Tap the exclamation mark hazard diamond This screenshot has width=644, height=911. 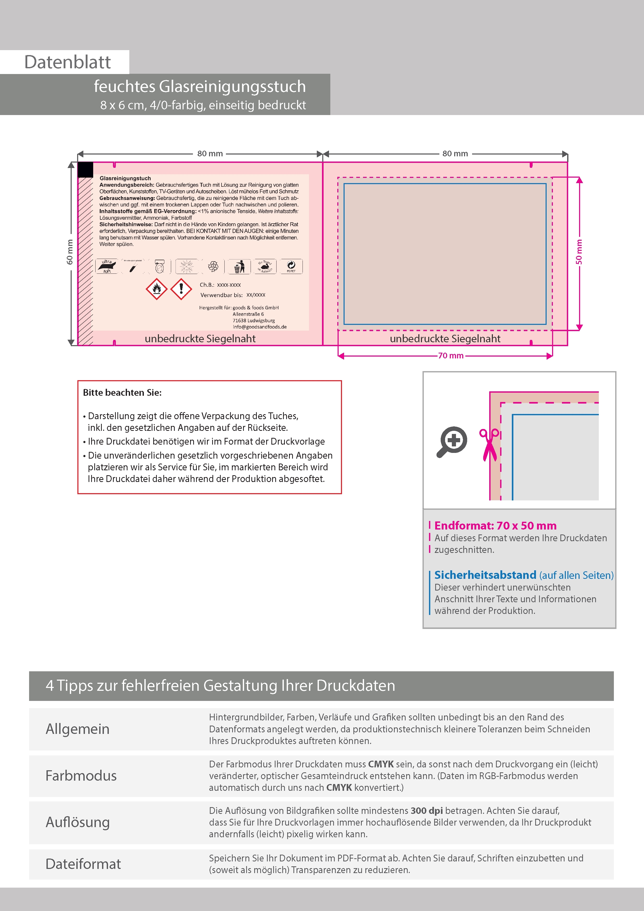(181, 289)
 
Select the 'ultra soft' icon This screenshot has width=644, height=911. (107, 266)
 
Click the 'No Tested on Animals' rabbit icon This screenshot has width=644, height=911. (265, 266)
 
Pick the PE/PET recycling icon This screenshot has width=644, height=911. (291, 266)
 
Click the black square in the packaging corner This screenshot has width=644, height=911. (85, 170)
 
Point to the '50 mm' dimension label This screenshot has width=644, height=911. (579, 252)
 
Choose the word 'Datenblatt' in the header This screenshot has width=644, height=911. (68, 62)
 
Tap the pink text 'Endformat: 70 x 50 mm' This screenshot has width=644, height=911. (495, 526)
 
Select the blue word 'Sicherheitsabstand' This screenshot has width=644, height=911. (485, 575)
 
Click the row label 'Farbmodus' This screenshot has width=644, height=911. (81, 776)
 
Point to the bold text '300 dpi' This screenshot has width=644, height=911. (427, 810)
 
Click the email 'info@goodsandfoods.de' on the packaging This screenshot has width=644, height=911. (259, 327)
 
